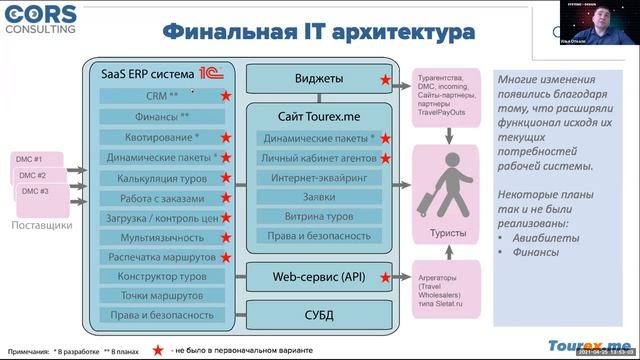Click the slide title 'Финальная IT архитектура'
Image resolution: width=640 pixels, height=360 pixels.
318,33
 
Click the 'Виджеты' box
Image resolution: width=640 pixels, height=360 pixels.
319,78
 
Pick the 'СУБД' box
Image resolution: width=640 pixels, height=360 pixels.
319,315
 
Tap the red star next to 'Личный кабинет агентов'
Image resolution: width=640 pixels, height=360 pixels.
385,158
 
